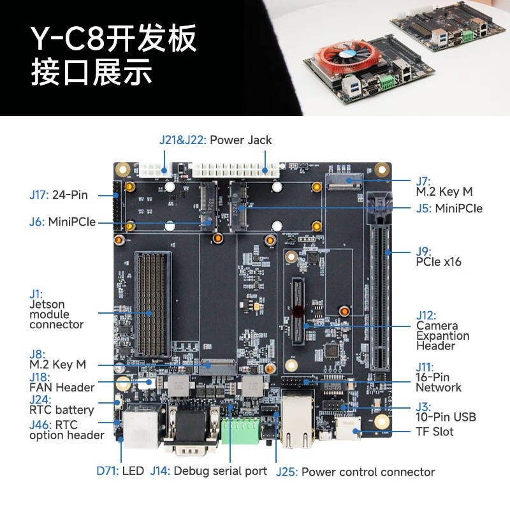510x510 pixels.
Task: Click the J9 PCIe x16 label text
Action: pos(438,256)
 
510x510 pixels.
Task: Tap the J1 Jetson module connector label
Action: pos(56,309)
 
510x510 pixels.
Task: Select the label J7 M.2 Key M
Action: pos(444,186)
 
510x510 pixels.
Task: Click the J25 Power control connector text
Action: pos(355,472)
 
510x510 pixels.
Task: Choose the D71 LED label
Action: pos(120,471)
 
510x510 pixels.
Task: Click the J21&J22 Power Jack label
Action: pos(215,140)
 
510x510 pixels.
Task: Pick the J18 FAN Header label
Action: pos(61,382)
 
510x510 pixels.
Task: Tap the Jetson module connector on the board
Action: pos(152,303)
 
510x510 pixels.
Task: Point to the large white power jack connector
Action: pos(234,170)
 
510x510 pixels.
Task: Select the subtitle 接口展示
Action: pos(92,73)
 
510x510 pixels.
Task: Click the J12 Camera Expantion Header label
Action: pos(442,330)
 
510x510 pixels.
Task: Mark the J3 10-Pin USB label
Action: pos(446,412)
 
